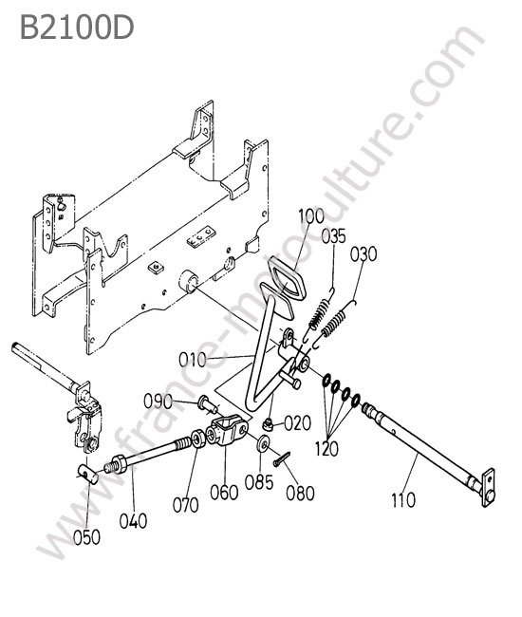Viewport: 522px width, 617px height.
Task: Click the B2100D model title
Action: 77,28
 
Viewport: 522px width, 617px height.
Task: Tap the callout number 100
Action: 310,216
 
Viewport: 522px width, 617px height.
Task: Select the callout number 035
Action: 333,236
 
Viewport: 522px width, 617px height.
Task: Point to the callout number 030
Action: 364,254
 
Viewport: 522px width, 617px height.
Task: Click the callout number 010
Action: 192,360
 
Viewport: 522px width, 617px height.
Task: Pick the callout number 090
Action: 158,402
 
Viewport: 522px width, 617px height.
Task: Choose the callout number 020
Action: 297,423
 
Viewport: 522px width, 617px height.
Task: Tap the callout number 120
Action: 326,448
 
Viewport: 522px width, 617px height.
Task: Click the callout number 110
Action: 403,500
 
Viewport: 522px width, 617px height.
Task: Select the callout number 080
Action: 300,494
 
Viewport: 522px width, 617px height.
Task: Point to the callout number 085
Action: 259,482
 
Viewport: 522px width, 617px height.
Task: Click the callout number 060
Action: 224,493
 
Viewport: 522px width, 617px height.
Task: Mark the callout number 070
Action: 186,505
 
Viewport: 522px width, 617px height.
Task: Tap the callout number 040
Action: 134,521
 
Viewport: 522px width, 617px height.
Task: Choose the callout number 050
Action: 86,537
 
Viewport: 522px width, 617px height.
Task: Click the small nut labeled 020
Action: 268,424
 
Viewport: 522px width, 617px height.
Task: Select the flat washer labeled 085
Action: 263,443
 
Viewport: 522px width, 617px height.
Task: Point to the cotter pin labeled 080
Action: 282,459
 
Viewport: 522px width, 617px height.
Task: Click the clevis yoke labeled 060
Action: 228,431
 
